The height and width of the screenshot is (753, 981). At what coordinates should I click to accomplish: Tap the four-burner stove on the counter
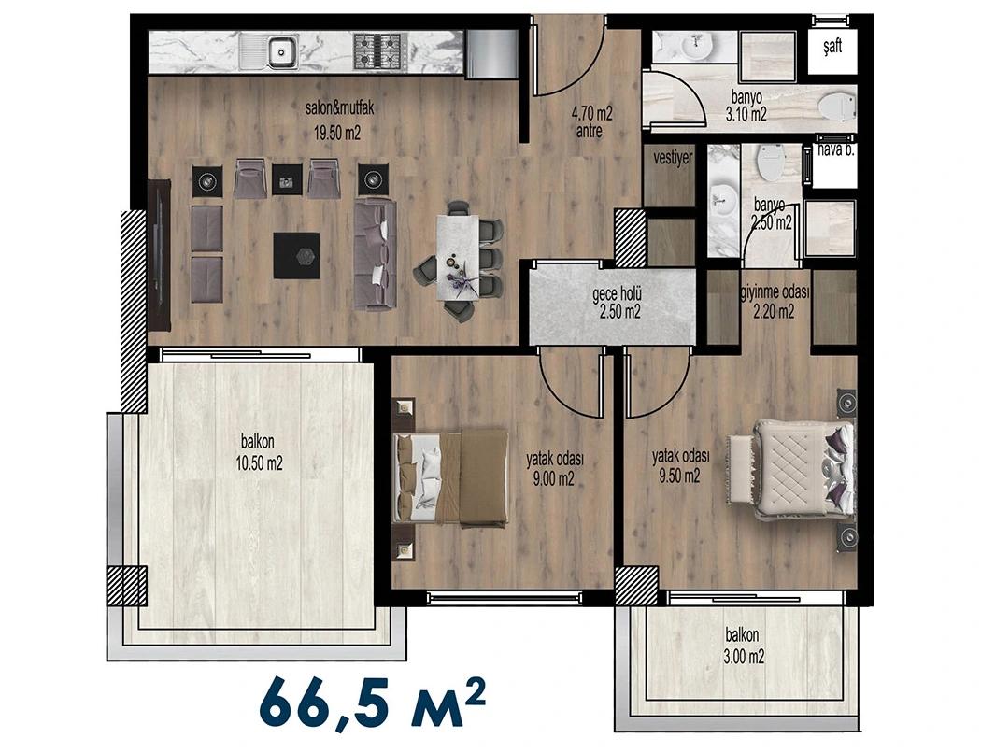pos(377,51)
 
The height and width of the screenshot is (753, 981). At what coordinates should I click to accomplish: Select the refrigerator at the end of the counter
pos(490,54)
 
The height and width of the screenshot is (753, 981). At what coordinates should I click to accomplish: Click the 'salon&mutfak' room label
pos(340,108)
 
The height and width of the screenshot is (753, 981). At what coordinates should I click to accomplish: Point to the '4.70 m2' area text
pos(591,114)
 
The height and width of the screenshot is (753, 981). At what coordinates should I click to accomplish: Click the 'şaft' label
pos(832,46)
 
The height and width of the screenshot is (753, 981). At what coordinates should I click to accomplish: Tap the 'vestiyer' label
pos(673,157)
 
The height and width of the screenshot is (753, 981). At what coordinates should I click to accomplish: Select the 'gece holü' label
pos(618,294)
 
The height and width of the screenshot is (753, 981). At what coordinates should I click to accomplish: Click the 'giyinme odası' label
pos(775,292)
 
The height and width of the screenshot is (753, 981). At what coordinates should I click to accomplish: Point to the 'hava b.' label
pos(836,150)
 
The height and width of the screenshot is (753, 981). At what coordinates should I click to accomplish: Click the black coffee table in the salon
pos(296,256)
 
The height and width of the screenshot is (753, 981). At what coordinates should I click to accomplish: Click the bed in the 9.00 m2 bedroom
pos(450,477)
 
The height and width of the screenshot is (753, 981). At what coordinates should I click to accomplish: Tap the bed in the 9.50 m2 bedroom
pos(803,470)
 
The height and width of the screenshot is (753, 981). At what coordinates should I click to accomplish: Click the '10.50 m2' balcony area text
pos(258,464)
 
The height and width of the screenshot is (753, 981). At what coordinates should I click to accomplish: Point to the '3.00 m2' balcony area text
pos(743,658)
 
